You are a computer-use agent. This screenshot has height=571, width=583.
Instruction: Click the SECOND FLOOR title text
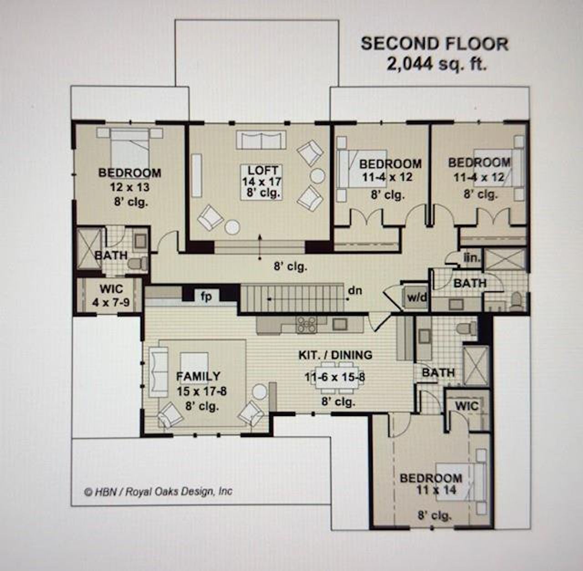coord(434,44)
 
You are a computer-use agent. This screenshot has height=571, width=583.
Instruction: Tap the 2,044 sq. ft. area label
coord(436,64)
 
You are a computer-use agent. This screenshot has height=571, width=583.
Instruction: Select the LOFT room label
coord(262,171)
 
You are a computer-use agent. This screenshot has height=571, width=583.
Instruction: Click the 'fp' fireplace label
coord(206,296)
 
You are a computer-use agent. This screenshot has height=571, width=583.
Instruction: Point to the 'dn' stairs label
coord(355,290)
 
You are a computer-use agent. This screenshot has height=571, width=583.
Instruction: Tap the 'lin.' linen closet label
coord(472,258)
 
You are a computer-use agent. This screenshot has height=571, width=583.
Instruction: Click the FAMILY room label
coord(198,377)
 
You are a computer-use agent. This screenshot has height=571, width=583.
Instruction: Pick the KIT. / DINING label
coord(335,355)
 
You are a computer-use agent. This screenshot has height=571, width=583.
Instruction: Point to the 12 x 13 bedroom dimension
coord(129,187)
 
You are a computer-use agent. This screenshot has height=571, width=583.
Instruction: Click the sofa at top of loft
coord(261,140)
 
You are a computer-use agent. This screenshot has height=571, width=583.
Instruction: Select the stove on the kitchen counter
coord(307,324)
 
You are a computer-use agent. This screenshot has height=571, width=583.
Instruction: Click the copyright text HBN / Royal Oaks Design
coord(159,492)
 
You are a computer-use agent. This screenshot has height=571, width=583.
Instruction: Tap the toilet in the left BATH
coord(137,263)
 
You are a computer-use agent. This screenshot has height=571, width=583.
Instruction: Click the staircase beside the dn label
coord(291,297)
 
